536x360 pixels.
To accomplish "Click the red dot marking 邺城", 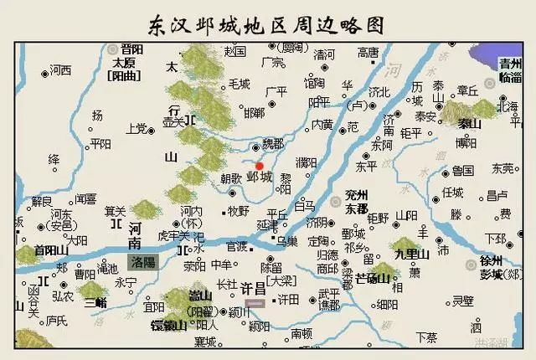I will click(x=259, y=166).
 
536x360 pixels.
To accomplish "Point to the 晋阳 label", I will click(x=132, y=49).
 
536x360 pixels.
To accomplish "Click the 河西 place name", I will click(x=60, y=69).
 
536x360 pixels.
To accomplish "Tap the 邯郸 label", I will click(x=254, y=112).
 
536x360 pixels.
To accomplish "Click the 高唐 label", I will click(x=368, y=52).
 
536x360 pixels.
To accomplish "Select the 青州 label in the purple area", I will click(x=511, y=62).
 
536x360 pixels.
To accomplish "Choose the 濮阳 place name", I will click(x=306, y=162).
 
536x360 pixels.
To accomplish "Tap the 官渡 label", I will click(x=237, y=246).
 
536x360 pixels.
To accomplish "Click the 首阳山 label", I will click(x=49, y=249).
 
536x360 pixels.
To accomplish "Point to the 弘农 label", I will click(x=64, y=296).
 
